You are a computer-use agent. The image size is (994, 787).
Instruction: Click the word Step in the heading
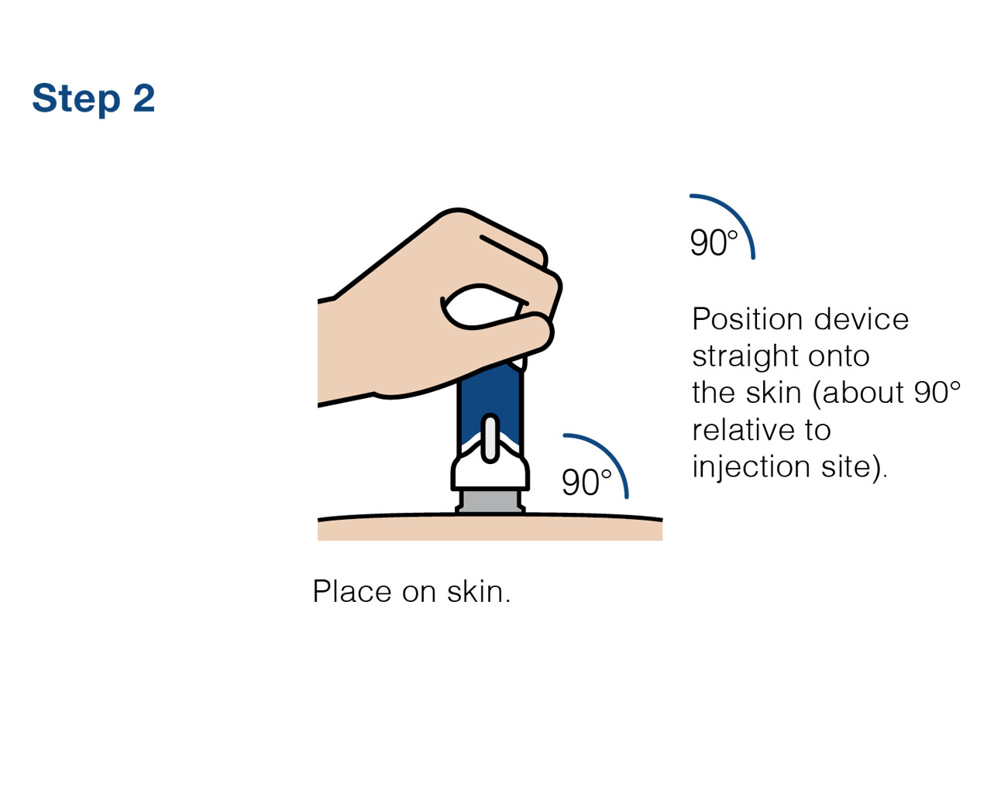pyautogui.click(x=76, y=98)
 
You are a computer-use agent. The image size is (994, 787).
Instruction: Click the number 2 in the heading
pyautogui.click(x=143, y=98)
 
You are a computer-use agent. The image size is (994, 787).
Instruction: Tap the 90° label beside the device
pyautogui.click(x=586, y=483)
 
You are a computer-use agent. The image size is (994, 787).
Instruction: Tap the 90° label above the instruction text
pyautogui.click(x=714, y=242)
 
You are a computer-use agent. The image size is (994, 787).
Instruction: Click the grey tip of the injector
pyautogui.click(x=490, y=502)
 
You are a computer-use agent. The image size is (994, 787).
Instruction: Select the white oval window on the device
pyautogui.click(x=490, y=438)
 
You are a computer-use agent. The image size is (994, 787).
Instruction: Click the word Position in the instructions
pyautogui.click(x=748, y=319)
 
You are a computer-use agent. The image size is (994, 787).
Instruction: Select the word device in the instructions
pyautogui.click(x=862, y=319)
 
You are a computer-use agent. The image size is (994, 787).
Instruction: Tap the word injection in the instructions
pyautogui.click(x=751, y=467)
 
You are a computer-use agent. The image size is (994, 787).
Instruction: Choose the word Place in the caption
pyautogui.click(x=352, y=591)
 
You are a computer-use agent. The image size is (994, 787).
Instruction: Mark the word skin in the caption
pyautogui.click(x=479, y=591)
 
